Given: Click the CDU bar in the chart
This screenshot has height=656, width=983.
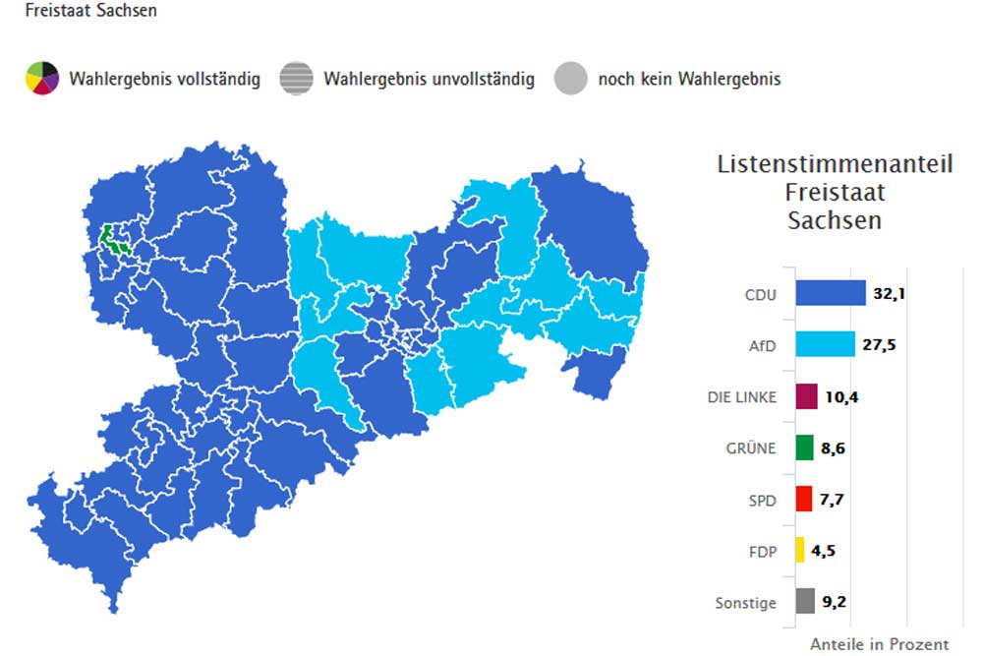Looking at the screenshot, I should (x=830, y=293).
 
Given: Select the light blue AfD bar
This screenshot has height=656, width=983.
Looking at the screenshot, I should (x=824, y=344).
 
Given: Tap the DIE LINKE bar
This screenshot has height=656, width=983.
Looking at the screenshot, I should (x=806, y=396).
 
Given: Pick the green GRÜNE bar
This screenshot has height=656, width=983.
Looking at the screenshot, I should (x=804, y=447).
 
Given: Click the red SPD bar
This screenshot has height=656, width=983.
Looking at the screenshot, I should (x=803, y=500).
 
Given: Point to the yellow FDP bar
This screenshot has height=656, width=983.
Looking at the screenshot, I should (x=800, y=550).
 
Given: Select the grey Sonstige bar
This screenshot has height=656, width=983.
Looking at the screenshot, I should (x=804, y=601).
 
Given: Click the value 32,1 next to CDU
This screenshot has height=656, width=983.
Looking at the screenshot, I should (x=889, y=293).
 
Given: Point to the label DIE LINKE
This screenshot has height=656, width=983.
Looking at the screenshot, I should (x=741, y=397).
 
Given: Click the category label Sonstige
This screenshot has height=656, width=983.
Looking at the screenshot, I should (x=746, y=603).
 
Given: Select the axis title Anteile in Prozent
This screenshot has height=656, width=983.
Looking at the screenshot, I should (x=879, y=644).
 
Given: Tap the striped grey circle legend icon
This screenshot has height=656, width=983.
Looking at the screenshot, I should (x=296, y=78).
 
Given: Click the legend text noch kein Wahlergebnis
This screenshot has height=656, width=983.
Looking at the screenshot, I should (x=689, y=79).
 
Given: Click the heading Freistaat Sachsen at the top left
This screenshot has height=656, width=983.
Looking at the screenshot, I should (x=78, y=11).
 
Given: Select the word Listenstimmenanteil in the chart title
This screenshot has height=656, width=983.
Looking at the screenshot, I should (x=835, y=164).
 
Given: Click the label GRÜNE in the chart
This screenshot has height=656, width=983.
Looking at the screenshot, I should (x=752, y=448).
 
